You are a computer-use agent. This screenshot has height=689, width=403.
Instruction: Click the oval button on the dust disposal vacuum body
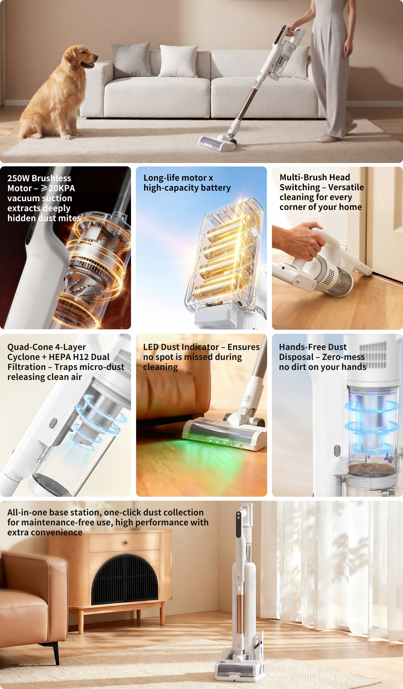click(x=337, y=450)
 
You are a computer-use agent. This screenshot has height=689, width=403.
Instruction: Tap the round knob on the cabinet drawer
click(x=125, y=543)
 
